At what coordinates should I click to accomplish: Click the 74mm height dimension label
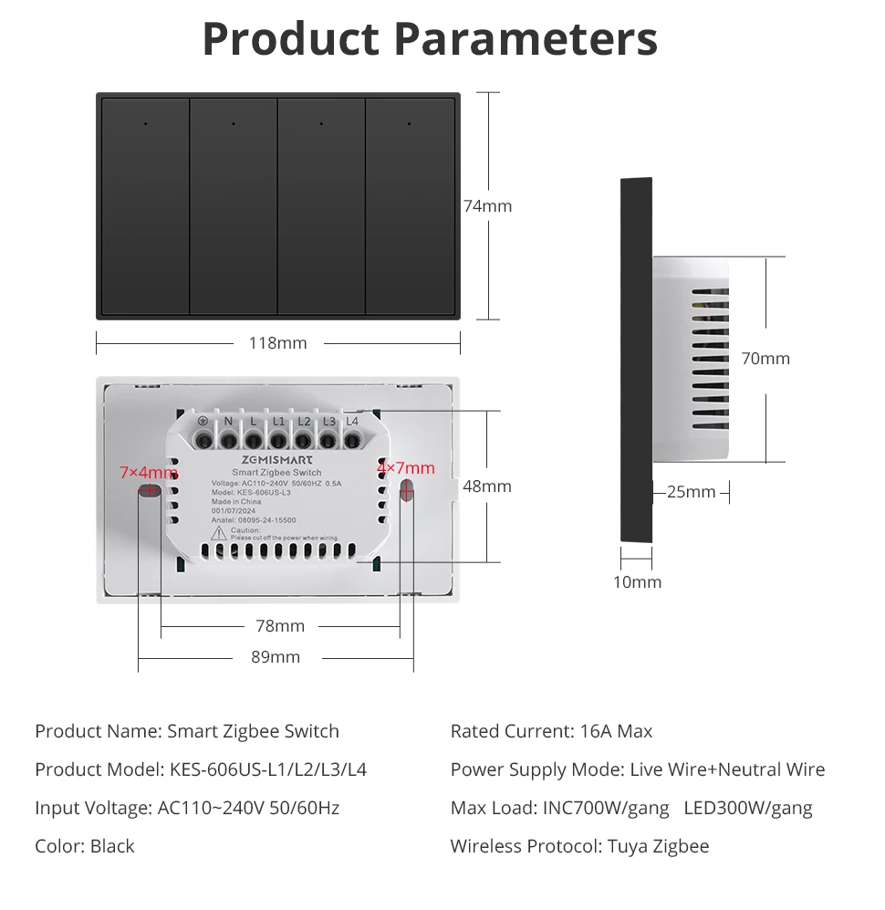click(x=487, y=206)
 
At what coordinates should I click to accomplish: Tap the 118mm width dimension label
click(x=278, y=343)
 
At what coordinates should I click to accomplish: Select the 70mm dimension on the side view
click(x=765, y=359)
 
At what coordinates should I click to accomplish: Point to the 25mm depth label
click(x=691, y=492)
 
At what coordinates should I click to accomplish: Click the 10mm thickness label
click(x=637, y=582)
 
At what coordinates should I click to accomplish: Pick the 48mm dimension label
click(x=487, y=486)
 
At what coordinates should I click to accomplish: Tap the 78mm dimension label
click(x=280, y=626)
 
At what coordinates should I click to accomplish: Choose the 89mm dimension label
click(x=276, y=657)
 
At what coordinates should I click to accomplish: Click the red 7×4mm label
click(x=148, y=473)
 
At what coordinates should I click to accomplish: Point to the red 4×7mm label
click(x=406, y=468)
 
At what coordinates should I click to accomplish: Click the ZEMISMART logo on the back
click(x=277, y=460)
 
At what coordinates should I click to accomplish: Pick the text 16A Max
click(x=616, y=731)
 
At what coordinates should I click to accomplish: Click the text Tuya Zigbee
click(x=658, y=846)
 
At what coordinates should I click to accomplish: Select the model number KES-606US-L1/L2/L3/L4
click(x=268, y=769)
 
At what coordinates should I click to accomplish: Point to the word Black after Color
click(x=112, y=846)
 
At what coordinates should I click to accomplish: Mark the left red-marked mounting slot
click(x=150, y=493)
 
